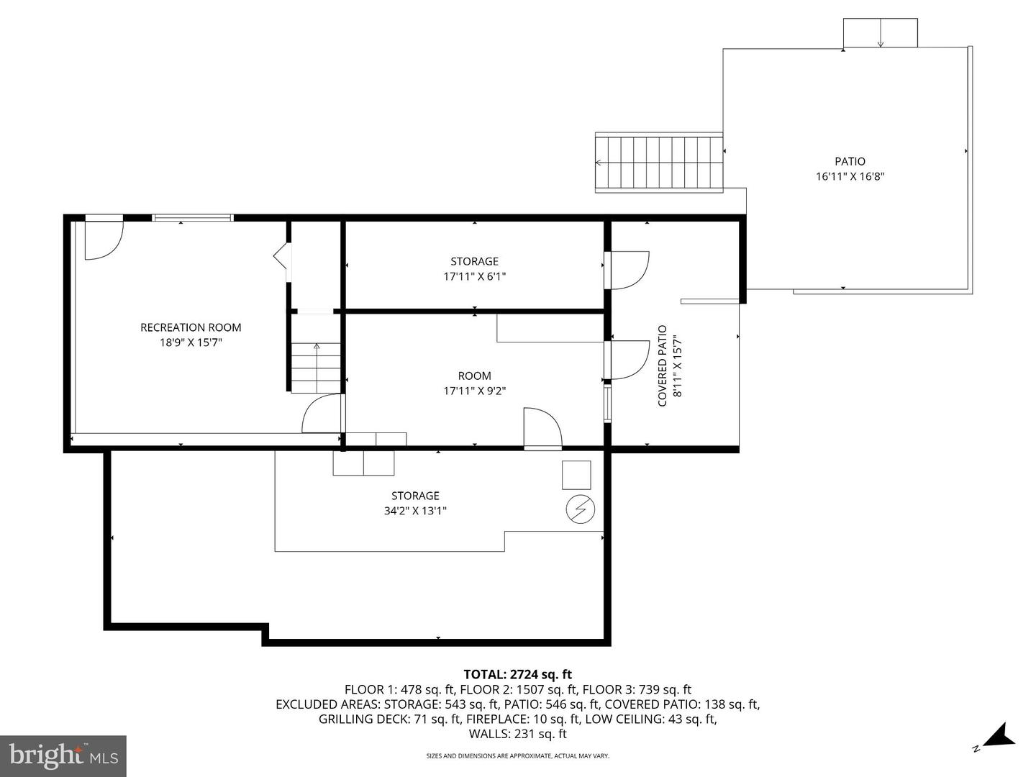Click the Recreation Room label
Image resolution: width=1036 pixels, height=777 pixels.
[x=191, y=327]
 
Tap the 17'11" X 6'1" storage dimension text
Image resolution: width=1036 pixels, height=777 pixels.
[x=474, y=276]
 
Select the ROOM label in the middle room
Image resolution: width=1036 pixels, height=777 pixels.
[x=474, y=376]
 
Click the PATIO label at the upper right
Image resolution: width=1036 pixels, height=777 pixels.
[x=850, y=161]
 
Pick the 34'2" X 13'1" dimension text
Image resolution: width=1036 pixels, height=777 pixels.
[x=415, y=511]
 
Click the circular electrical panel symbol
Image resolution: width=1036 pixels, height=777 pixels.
[x=581, y=509]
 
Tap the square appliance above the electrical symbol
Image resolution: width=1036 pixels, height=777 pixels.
[x=576, y=475]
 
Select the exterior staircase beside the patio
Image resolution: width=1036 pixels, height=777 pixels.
[x=658, y=163]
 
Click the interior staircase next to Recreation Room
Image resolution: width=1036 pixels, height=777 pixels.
[x=316, y=367]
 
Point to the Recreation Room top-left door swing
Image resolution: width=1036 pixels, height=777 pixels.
[x=103, y=240]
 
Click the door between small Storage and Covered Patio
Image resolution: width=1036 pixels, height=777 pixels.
[x=628, y=270]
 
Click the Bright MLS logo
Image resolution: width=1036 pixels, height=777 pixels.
[x=63, y=755]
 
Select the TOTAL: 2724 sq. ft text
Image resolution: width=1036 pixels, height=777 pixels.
[x=517, y=674]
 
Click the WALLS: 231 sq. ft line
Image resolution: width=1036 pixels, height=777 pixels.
[x=517, y=734]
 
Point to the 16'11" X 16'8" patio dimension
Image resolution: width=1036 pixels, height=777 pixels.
[x=850, y=176]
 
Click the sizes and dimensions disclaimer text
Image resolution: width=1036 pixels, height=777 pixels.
[x=517, y=756]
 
